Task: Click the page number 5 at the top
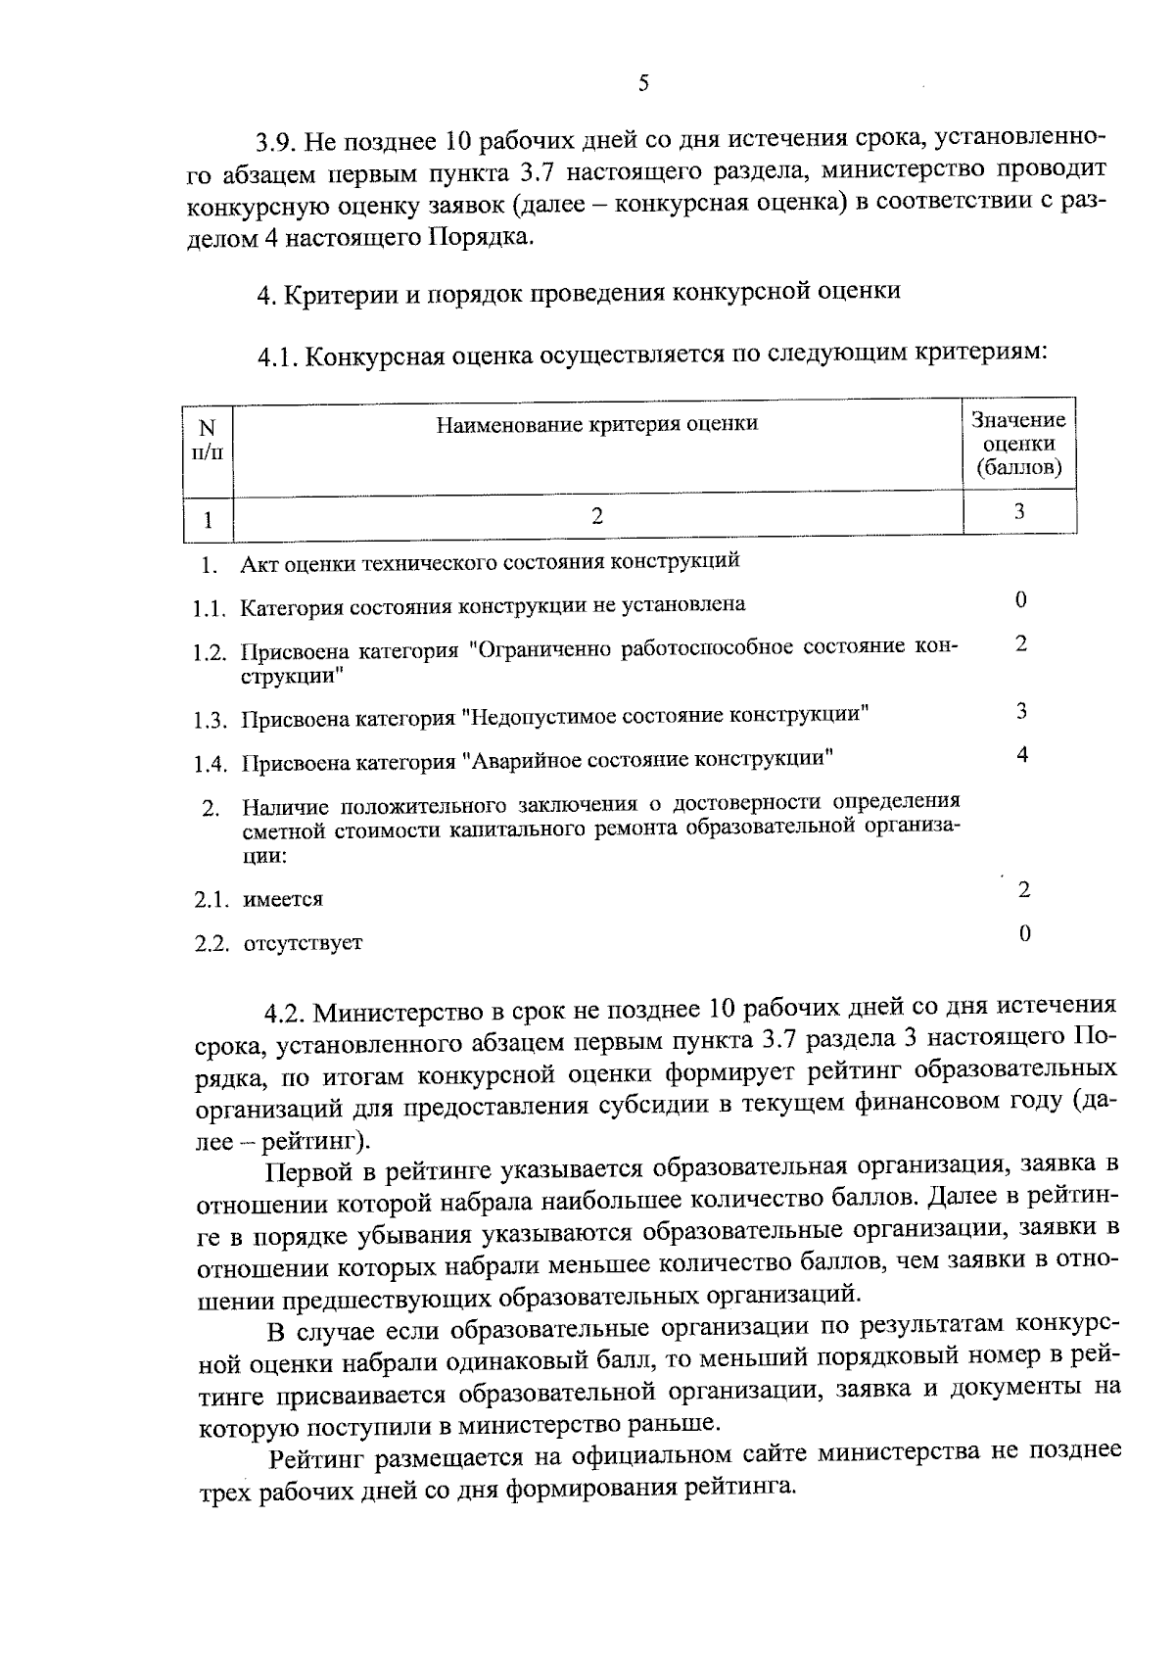pos(643,83)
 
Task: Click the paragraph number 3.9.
pos(275,143)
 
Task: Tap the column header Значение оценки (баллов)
pos(1018,444)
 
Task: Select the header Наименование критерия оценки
pos(596,424)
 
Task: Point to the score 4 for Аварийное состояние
pos(1021,754)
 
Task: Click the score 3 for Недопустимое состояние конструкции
pos(1021,711)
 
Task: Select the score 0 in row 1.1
pos(1021,599)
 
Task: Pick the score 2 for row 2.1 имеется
pos(1024,889)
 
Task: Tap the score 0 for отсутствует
pos(1024,933)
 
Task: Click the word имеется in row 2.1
pos(283,899)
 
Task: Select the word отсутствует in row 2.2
pos(303,943)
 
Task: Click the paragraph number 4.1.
pos(277,357)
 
